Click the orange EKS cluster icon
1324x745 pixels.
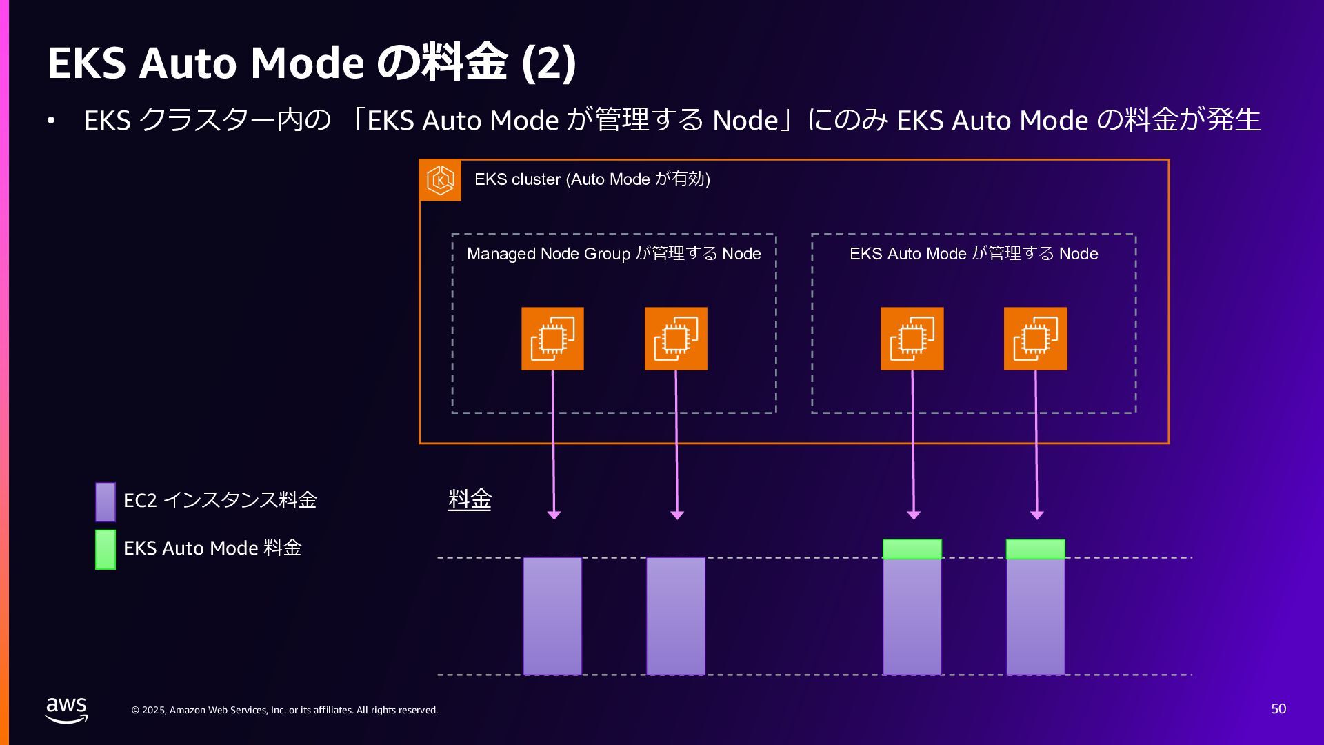pos(440,180)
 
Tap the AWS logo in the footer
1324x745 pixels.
pos(66,710)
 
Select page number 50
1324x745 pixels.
pos(1278,709)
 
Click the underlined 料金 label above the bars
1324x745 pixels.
pos(470,499)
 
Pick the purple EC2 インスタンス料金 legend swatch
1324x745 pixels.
pos(106,501)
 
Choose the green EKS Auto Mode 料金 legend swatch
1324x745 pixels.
pos(106,549)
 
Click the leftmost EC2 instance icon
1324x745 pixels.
pos(552,339)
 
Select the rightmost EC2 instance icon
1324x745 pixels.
pos(1035,339)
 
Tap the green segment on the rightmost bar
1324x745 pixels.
pos(1035,549)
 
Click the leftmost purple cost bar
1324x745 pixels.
pos(552,616)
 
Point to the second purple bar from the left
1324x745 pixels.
pos(676,616)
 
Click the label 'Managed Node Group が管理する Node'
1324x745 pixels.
pos(614,254)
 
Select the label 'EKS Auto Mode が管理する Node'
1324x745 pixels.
pos(974,254)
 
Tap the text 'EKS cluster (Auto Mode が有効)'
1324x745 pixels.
pos(592,179)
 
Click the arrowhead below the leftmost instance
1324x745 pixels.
pos(554,515)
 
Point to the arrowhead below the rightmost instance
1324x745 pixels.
pos(1036,515)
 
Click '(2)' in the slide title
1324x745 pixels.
pos(549,63)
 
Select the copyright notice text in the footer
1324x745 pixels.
pos(285,710)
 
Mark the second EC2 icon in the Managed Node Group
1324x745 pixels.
pos(676,339)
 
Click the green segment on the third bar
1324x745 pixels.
pos(912,549)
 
